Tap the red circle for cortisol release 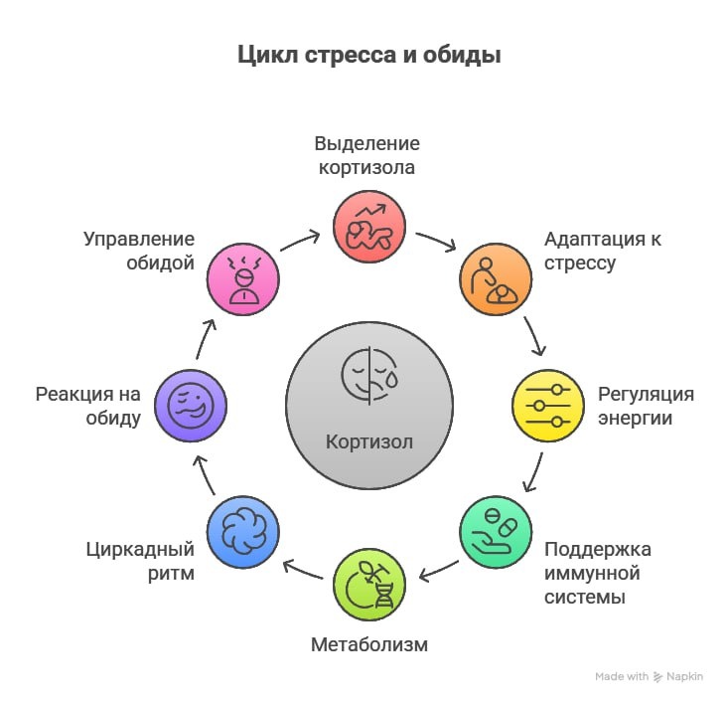pyautogui.click(x=368, y=228)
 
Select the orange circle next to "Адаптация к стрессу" pyautogui.click(x=494, y=278)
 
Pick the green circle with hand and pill pyautogui.click(x=496, y=532)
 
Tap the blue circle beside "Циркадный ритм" pyautogui.click(x=242, y=531)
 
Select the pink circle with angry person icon pyautogui.click(x=242, y=278)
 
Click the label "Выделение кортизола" pyautogui.click(x=366, y=155)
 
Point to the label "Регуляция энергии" pyautogui.click(x=645, y=406)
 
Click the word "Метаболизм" pyautogui.click(x=368, y=644)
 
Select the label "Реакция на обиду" pyautogui.click(x=87, y=406)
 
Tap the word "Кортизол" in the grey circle pyautogui.click(x=368, y=441)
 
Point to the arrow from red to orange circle pyautogui.click(x=435, y=242)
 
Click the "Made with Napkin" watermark pyautogui.click(x=649, y=676)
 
